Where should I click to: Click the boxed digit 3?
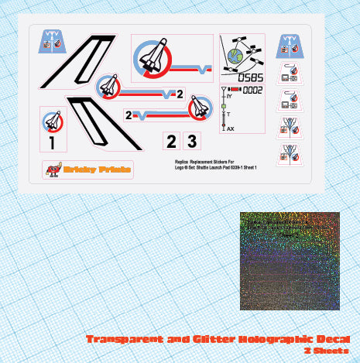click(x=191, y=141)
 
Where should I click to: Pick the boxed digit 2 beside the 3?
click(x=170, y=141)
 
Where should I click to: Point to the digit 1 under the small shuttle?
click(x=52, y=142)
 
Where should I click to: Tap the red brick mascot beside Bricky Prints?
click(x=53, y=169)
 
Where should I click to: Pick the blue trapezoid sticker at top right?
click(x=290, y=45)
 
